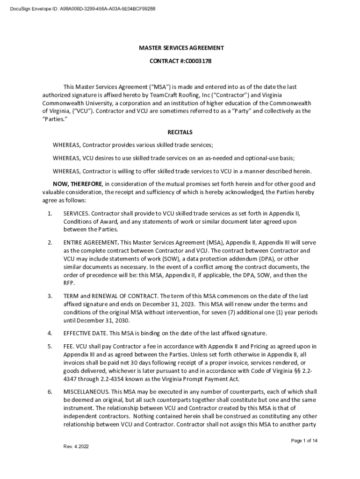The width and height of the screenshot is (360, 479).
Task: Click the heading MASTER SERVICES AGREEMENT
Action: [180, 48]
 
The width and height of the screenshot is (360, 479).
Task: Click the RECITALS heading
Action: [180, 132]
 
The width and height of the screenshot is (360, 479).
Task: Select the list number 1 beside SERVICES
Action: [50, 214]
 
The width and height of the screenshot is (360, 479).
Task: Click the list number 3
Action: [50, 296]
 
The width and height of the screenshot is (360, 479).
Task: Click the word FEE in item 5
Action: [69, 346]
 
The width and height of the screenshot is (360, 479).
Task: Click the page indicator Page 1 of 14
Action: [304, 441]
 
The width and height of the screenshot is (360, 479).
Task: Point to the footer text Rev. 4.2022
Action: [76, 446]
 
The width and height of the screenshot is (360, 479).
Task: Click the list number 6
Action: [50, 392]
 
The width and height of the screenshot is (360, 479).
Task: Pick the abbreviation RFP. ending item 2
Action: [69, 283]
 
